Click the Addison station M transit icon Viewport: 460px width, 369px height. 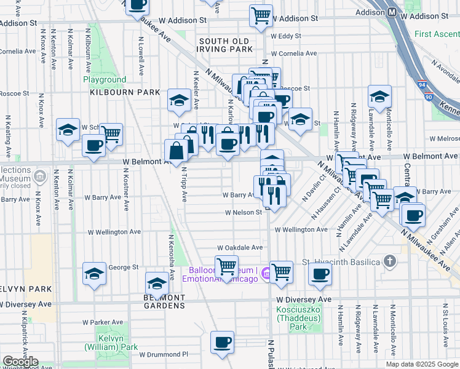[392, 12]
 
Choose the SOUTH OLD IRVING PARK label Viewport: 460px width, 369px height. [226, 44]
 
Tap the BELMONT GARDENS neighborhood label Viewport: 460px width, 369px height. [164, 301]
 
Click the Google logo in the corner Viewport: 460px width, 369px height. [20, 362]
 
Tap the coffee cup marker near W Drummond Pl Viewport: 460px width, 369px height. [222, 342]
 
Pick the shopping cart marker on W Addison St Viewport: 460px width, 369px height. [261, 15]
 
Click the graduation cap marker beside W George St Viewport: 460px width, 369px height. [94, 273]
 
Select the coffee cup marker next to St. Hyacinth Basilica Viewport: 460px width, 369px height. [320, 273]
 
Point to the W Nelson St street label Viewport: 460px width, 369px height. [244, 212]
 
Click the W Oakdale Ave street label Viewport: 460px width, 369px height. [240, 247]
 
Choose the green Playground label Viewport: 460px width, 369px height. [105, 80]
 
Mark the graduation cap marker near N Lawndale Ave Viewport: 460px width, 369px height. [380, 97]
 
